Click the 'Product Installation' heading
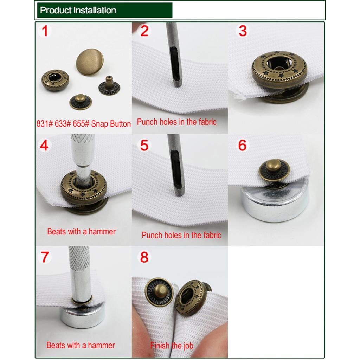point(78,10)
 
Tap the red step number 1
point(45,31)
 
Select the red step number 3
point(243,31)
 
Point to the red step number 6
point(243,145)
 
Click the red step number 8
point(144,257)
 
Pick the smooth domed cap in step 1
point(90,62)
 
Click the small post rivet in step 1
point(110,86)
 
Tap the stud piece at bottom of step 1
point(81,102)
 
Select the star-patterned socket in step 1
point(55,80)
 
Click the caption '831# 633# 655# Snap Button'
point(84,123)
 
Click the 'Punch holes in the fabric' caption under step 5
point(181,235)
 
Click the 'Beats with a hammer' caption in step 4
point(81,231)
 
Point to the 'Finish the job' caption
point(172,345)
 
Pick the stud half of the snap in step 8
point(159,292)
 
